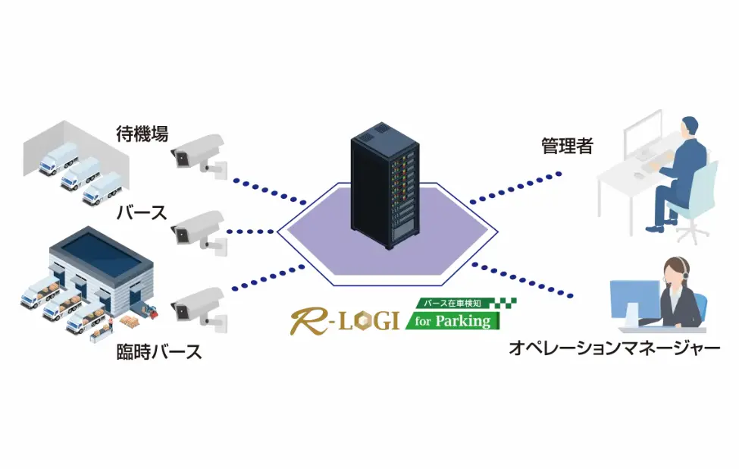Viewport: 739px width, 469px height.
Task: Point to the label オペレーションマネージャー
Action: click(614, 349)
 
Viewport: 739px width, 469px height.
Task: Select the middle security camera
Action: click(199, 228)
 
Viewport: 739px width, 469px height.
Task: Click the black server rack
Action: click(384, 190)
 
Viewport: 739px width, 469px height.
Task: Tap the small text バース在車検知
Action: click(452, 304)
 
